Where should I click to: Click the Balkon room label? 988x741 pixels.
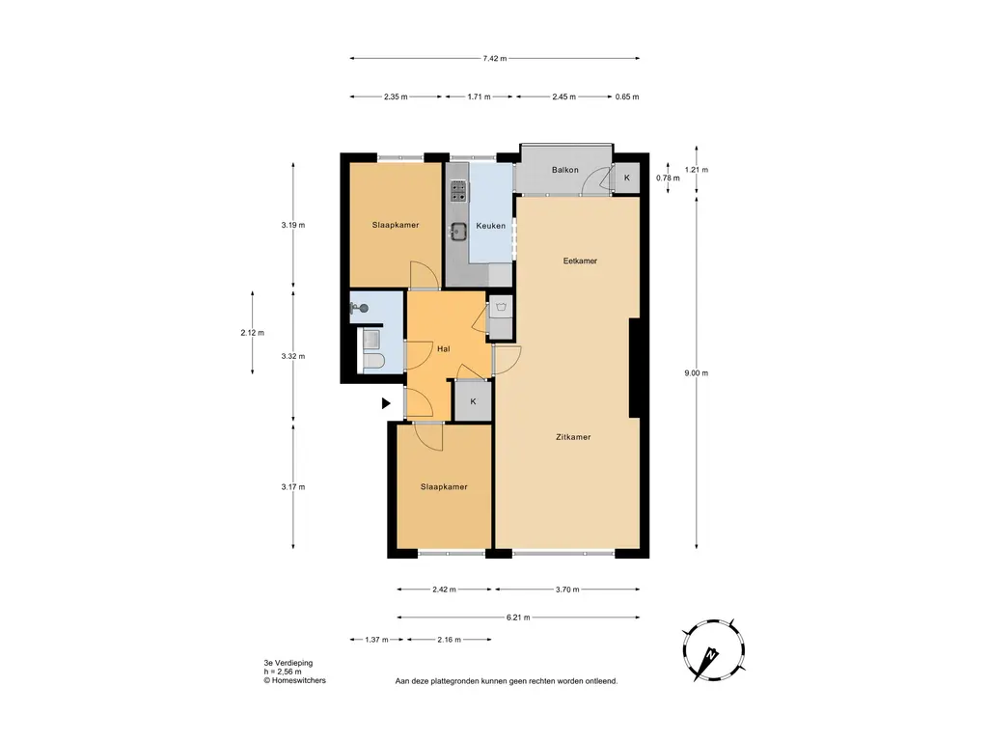pos(564,170)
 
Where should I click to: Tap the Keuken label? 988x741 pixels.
pos(490,226)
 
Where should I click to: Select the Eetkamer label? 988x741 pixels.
pos(580,261)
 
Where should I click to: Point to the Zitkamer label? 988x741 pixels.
pos(573,437)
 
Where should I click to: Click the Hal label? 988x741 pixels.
pos(444,348)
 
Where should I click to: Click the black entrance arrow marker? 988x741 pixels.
pos(386,403)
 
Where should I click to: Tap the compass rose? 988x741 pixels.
pos(714,650)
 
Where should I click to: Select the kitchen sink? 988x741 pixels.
pos(458,232)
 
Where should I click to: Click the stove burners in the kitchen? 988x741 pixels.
pos(458,191)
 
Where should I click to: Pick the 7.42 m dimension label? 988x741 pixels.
pos(495,59)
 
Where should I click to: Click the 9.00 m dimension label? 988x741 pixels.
pos(697,373)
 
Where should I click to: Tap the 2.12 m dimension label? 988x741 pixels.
pos(252,333)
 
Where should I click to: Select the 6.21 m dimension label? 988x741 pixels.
pos(518,617)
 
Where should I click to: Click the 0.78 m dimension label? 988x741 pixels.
pos(668,178)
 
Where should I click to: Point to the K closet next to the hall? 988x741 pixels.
pos(473,401)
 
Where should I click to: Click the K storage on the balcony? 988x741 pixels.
pos(627,178)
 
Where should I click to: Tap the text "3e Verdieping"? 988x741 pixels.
pos(288,663)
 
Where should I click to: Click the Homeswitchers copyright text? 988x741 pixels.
pos(295,680)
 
